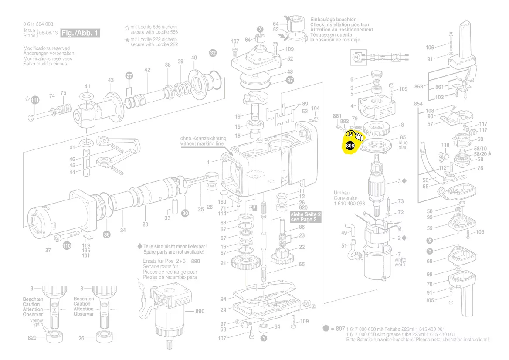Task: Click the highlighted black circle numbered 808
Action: tap(350, 146)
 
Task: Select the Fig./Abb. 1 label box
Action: tap(81, 33)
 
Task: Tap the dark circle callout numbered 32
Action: tap(213, 53)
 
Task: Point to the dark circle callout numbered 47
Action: tap(290, 80)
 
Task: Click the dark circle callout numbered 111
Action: tap(34, 101)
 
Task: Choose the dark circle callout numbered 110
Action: tap(66, 246)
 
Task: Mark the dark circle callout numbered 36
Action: tap(107, 235)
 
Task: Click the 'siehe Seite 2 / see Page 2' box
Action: tap(306, 217)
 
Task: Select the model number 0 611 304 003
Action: tap(38, 24)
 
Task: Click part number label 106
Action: tap(430, 48)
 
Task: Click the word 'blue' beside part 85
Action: tap(403, 143)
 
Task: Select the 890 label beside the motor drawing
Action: tap(199, 312)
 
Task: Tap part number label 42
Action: tap(147, 70)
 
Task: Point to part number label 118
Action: tap(445, 145)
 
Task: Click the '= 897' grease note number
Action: tap(337, 329)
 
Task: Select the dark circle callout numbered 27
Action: tap(129, 75)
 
